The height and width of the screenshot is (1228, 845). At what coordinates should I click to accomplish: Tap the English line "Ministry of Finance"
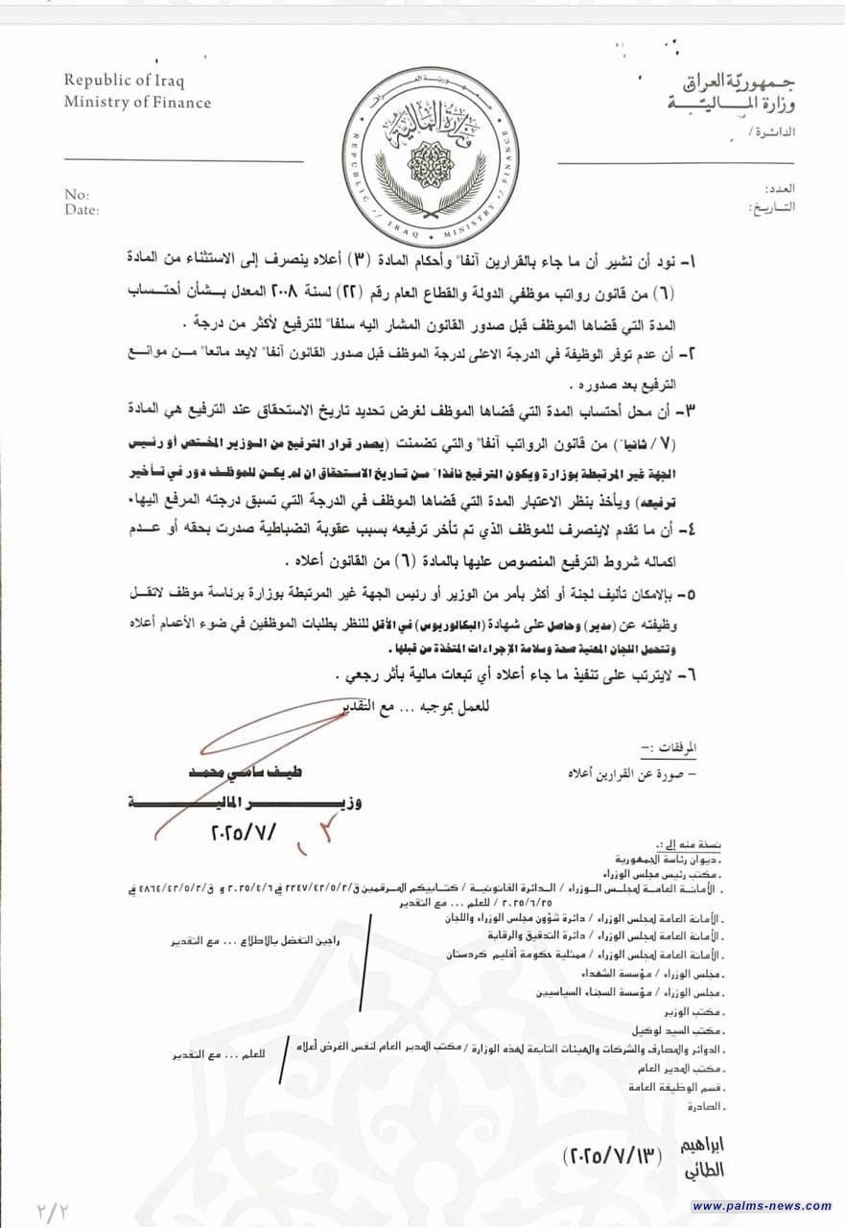138,102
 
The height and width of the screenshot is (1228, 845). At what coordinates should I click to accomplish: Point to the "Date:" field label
82,208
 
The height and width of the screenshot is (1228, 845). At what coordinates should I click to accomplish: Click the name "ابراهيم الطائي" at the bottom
721,1156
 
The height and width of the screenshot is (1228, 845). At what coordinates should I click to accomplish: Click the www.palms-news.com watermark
762,1205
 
